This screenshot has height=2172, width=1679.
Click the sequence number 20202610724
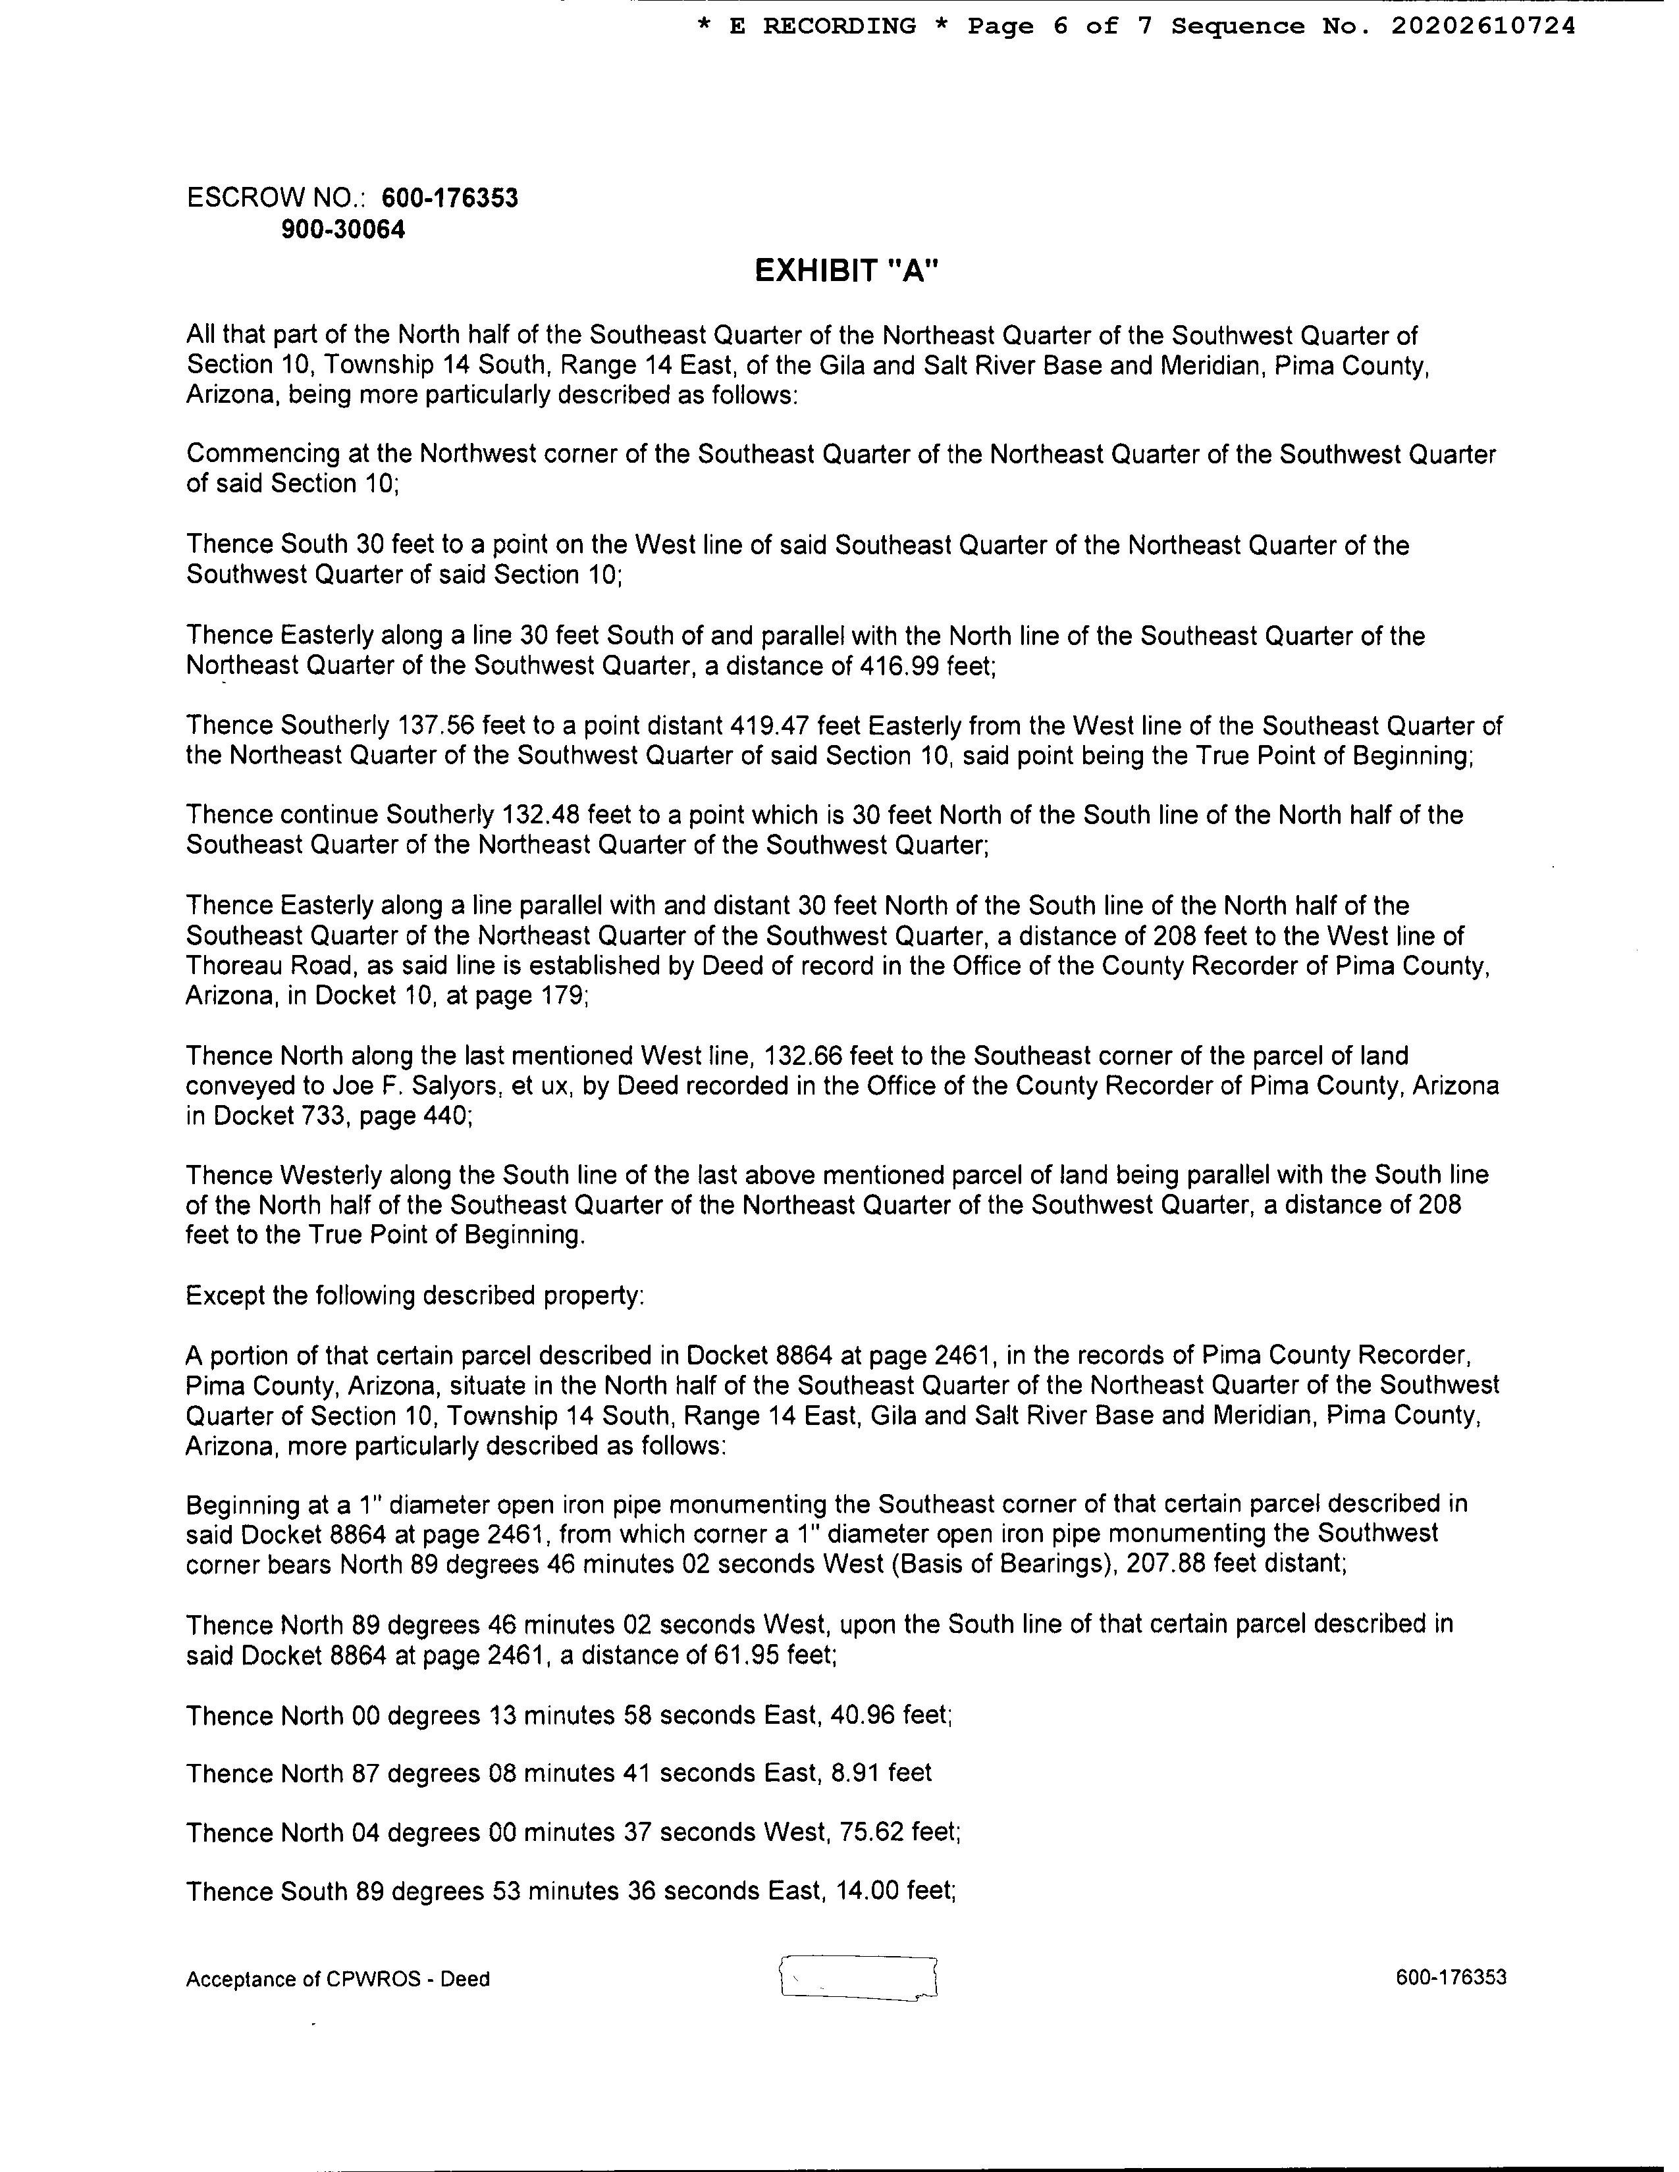click(1483, 27)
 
